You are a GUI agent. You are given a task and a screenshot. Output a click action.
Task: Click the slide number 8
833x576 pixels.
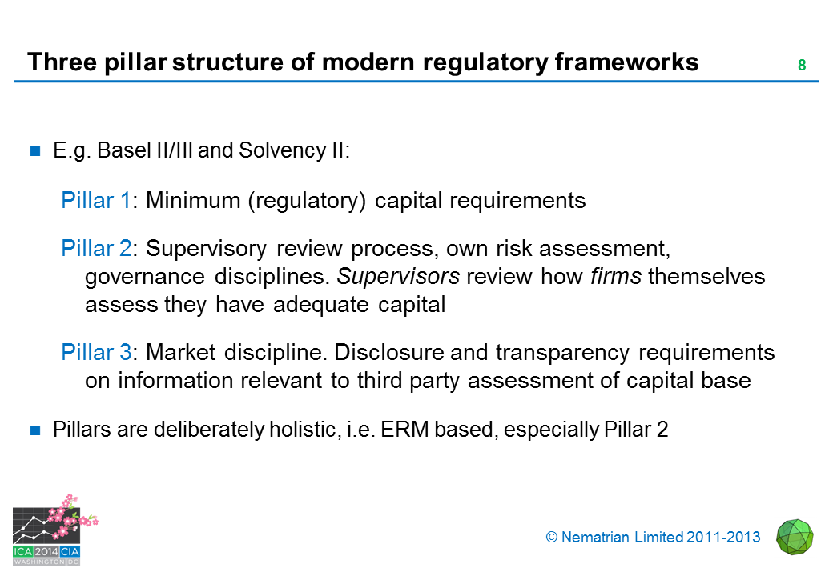pos(802,65)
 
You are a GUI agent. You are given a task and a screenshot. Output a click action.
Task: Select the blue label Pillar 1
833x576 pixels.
pos(95,201)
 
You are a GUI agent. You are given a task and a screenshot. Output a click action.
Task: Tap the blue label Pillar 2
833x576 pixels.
pos(96,248)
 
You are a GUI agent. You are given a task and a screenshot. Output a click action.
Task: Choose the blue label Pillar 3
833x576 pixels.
pos(96,352)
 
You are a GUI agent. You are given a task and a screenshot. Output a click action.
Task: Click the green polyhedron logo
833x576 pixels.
pos(795,537)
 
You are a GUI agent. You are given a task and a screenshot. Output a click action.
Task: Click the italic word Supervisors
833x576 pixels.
pos(398,276)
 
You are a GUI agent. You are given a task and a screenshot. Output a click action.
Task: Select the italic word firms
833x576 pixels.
pos(616,276)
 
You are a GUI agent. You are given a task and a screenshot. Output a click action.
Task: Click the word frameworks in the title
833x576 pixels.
pos(627,62)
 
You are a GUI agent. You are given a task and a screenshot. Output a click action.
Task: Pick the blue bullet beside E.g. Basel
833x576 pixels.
pos(35,152)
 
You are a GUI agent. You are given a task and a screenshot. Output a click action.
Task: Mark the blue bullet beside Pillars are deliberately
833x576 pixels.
pos(35,430)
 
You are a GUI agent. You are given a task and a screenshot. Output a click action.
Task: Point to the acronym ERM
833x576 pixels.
pos(404,430)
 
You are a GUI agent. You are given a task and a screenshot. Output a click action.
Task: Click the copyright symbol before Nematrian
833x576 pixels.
pos(551,538)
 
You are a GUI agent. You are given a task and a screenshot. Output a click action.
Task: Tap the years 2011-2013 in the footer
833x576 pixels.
pos(723,538)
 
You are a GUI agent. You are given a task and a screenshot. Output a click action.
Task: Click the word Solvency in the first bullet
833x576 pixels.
pos(283,151)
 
